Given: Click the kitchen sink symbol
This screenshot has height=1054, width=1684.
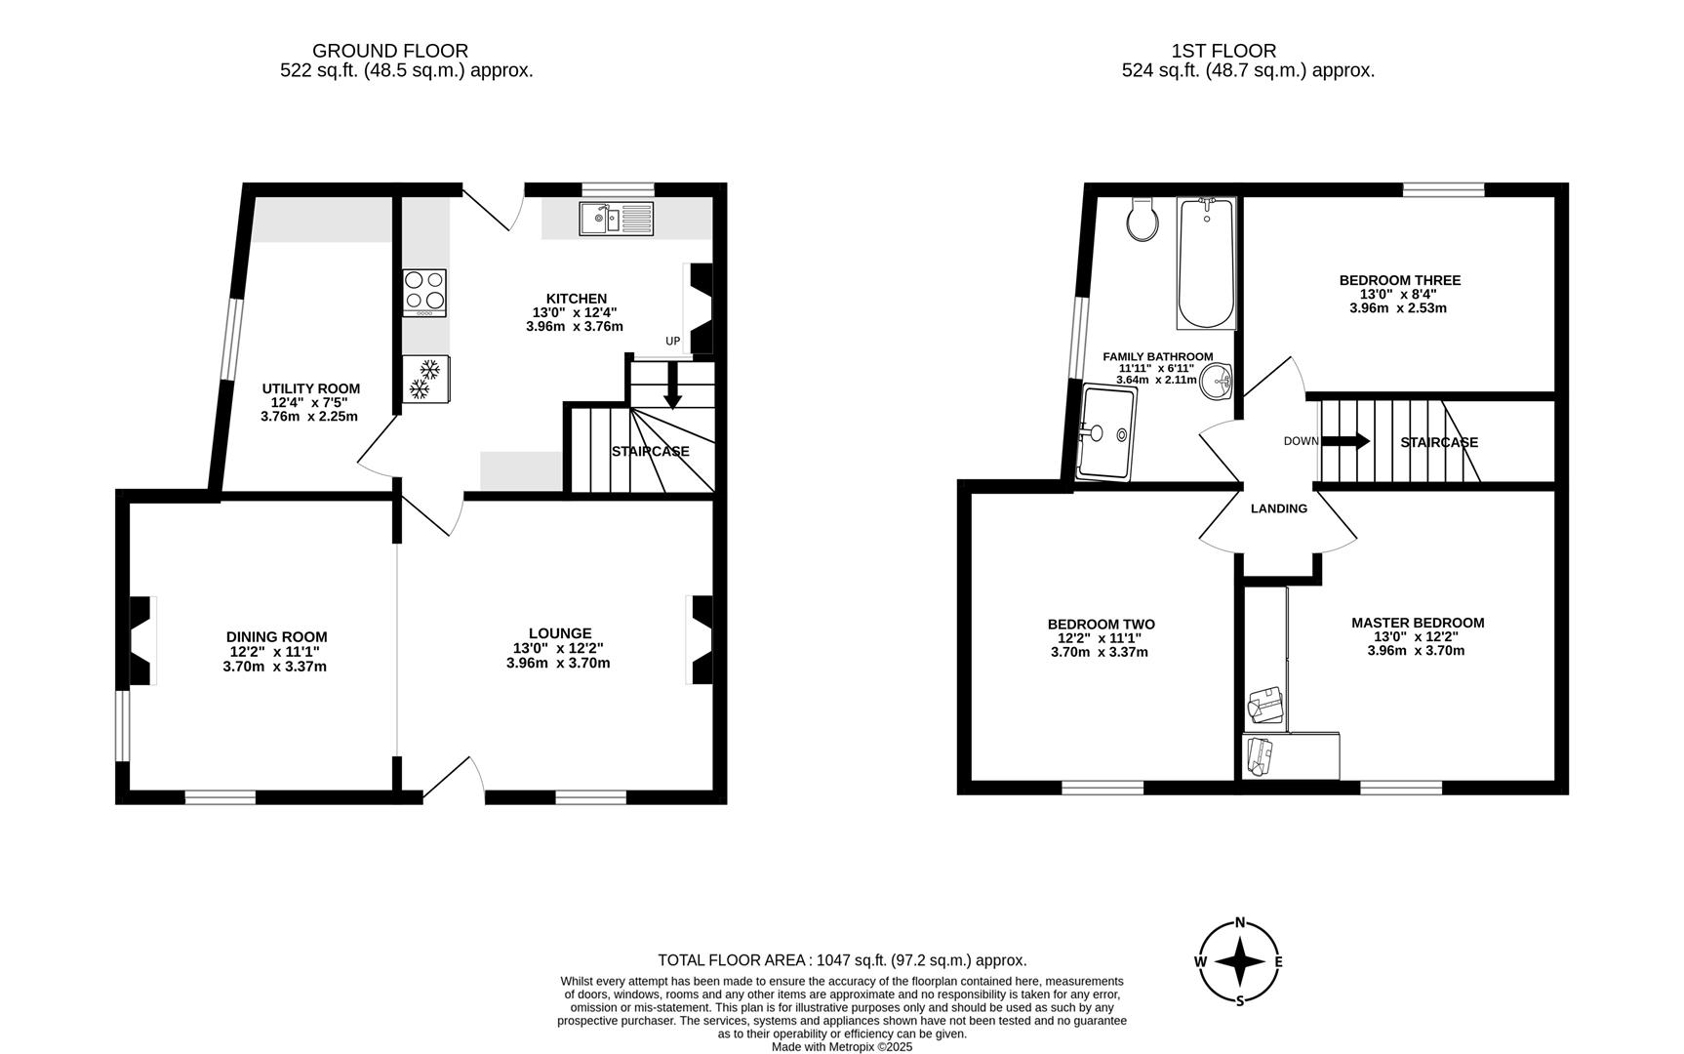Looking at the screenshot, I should click(x=617, y=219).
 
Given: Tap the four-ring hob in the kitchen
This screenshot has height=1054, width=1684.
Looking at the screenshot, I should click(x=424, y=292).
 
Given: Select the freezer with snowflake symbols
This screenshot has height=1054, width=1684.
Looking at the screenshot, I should click(x=425, y=379).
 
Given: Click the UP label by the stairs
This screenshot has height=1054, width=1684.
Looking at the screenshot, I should click(x=672, y=342).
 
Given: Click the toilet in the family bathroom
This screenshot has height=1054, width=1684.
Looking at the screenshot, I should click(x=1142, y=220).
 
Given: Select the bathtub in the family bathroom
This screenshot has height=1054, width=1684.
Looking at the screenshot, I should click(x=1207, y=263).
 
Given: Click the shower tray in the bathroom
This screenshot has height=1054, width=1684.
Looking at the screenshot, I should click(x=1107, y=432).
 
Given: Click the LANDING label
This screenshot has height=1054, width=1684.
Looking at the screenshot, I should click(x=1278, y=508).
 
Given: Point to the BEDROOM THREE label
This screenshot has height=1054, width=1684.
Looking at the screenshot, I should click(x=1399, y=280).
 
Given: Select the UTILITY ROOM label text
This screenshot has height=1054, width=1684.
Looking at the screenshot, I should click(x=310, y=388).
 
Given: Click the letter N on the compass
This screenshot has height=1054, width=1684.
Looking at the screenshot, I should click(x=1240, y=922).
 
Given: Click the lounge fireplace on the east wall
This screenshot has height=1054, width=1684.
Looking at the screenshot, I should click(x=701, y=640).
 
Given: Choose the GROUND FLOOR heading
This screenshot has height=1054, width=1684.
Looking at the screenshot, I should click(x=389, y=51).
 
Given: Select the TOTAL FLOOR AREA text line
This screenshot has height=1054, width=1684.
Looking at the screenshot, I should click(x=841, y=960).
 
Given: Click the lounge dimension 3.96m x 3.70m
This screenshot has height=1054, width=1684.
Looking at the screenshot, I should click(x=558, y=664).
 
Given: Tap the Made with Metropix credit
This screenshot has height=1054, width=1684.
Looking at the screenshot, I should click(x=841, y=1047).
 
